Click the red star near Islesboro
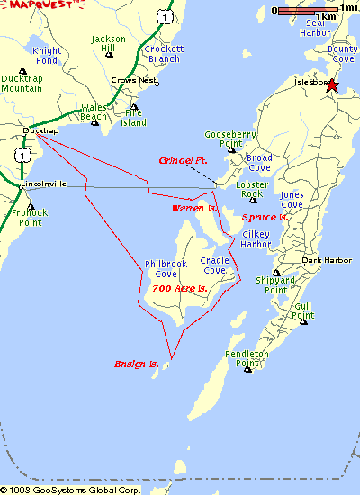[x=332, y=85]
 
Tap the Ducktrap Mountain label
[x=21, y=84]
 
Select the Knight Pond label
[x=47, y=56]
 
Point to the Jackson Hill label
[x=109, y=44]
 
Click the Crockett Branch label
[x=164, y=54]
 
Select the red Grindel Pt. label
[x=183, y=160]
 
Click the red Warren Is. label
[x=195, y=208]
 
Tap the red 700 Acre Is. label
[x=180, y=288]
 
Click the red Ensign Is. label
[x=136, y=364]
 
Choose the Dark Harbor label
[x=323, y=260]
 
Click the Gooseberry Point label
[x=224, y=139]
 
